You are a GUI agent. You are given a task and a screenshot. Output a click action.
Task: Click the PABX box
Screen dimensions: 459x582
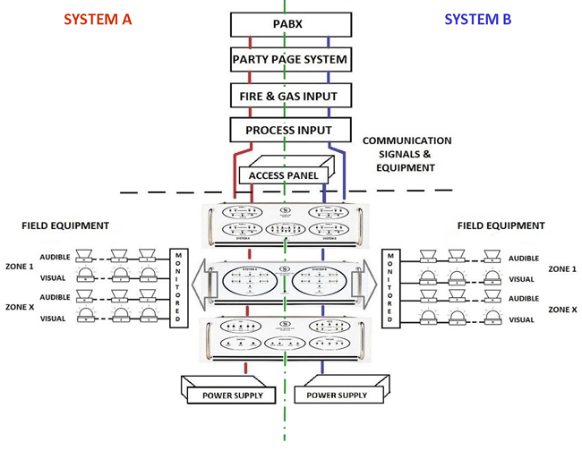tap(288, 24)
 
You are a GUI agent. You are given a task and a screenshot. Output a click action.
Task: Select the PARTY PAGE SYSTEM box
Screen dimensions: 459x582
tap(288, 61)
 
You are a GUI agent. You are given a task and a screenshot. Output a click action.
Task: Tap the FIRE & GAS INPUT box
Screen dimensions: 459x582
tap(288, 96)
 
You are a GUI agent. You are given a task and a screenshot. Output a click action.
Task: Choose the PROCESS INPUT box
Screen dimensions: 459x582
tap(288, 131)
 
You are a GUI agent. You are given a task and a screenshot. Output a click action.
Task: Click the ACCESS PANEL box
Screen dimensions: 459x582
tap(283, 175)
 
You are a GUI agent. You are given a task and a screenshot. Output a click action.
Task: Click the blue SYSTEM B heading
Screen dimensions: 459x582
tap(477, 20)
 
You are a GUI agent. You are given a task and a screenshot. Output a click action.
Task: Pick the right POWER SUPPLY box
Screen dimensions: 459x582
tap(338, 395)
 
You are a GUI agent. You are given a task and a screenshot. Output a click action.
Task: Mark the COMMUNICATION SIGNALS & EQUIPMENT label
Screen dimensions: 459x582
tap(407, 153)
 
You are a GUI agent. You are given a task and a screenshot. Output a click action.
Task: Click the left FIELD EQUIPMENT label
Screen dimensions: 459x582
tap(65, 226)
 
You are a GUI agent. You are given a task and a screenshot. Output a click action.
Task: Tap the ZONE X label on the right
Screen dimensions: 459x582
tap(562, 309)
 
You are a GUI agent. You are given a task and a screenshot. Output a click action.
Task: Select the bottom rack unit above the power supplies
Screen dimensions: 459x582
tap(284, 339)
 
